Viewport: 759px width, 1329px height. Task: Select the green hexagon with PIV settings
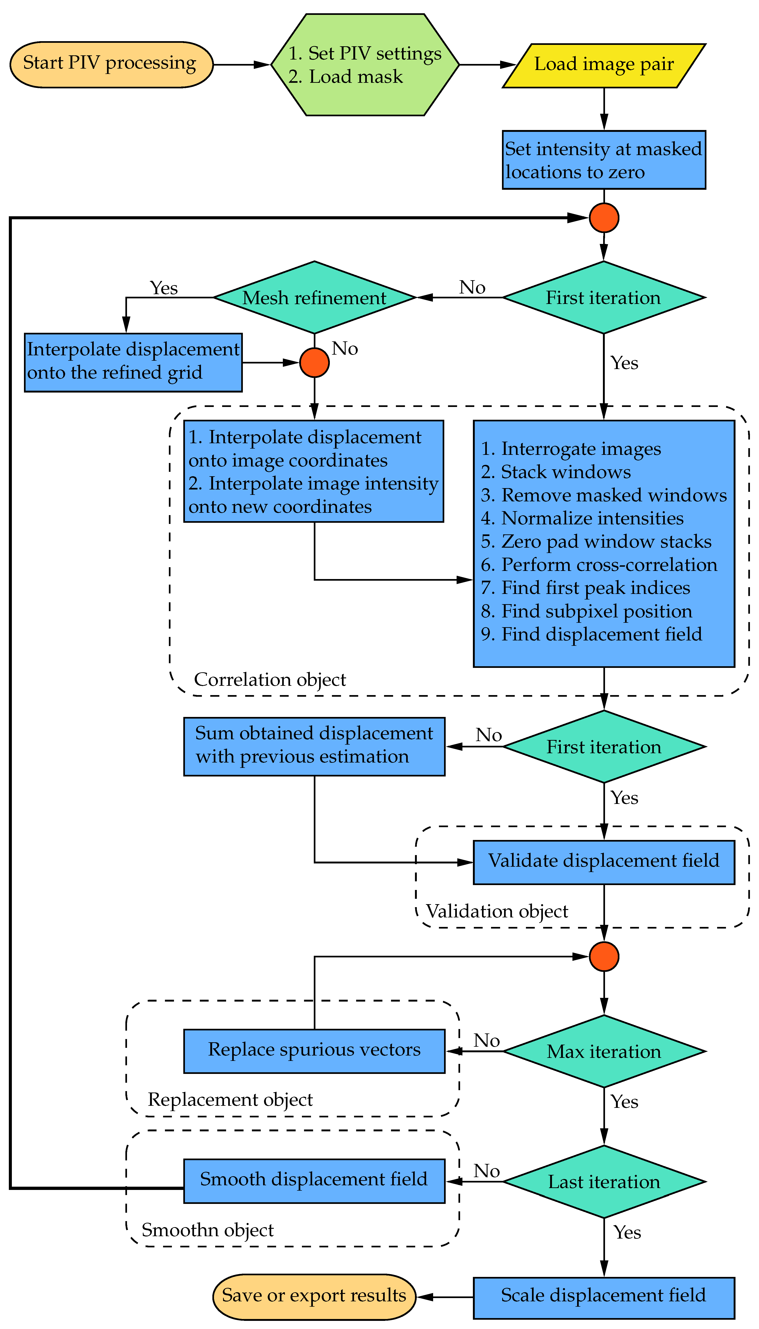coord(365,65)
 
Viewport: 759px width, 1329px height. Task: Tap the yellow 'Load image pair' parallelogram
coord(604,65)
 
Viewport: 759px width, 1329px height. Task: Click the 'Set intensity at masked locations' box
coord(604,160)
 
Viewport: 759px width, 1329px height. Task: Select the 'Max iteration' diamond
coord(604,1051)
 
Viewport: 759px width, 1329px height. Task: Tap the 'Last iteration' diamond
coord(604,1182)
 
